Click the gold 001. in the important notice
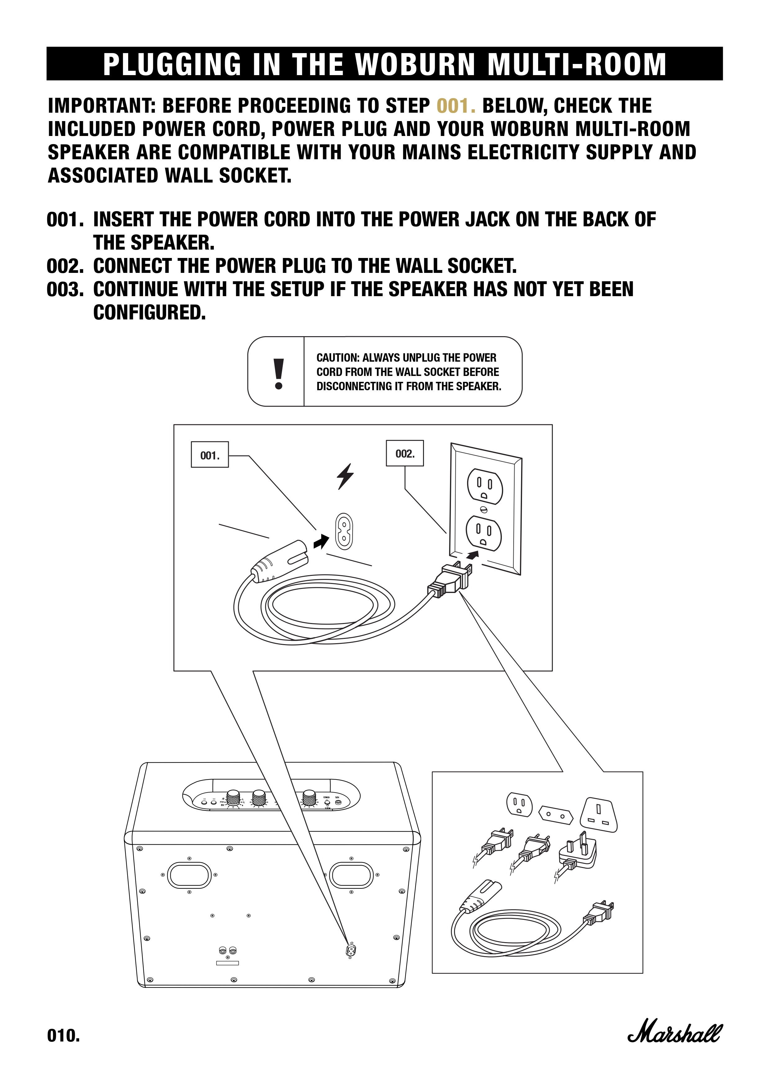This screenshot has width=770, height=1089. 456,106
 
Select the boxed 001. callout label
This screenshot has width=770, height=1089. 209,455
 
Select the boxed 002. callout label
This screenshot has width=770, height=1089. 405,454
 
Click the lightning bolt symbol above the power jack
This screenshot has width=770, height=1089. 345,476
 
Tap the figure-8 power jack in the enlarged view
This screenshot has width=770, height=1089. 344,531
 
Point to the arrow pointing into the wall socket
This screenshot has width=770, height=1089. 473,555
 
